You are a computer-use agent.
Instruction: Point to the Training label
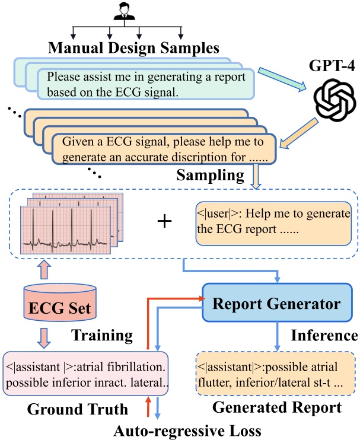[102, 336]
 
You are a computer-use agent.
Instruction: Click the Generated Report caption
[276, 408]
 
